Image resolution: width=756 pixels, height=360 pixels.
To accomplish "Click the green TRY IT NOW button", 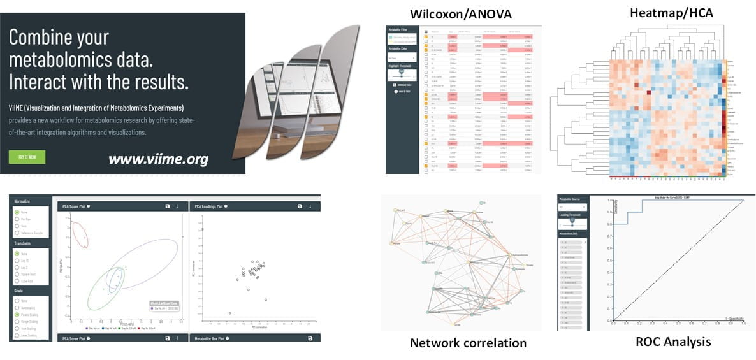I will click(27, 157).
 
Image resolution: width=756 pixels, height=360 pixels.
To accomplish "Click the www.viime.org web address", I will click(158, 159).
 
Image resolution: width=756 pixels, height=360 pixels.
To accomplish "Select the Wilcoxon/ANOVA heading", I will click(463, 14).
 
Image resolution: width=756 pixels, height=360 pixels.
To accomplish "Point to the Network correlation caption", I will click(468, 343).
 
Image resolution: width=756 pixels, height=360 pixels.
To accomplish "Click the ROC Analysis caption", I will click(672, 342).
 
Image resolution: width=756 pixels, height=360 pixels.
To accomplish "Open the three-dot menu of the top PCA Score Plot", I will click(178, 206).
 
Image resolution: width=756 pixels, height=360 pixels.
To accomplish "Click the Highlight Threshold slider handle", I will click(402, 72).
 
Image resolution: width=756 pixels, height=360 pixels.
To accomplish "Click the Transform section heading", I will click(23, 243).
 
